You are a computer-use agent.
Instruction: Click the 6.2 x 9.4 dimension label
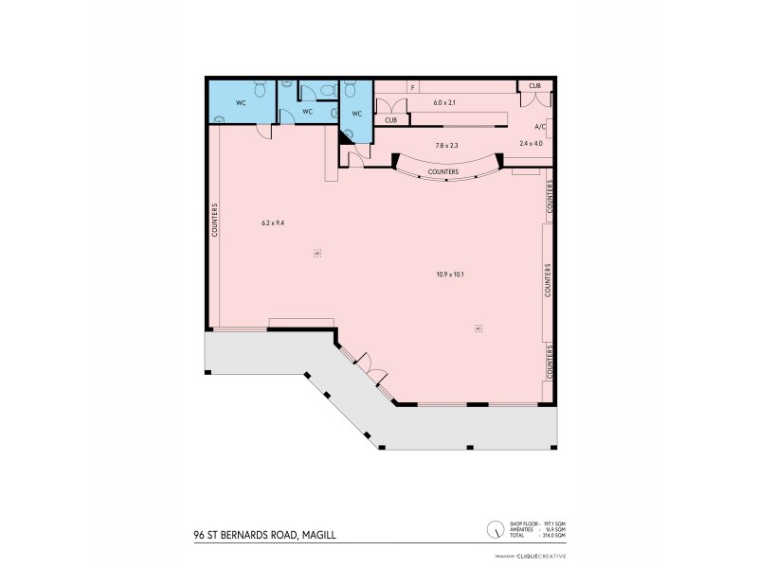(273, 223)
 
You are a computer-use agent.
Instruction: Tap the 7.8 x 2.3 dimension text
(446, 145)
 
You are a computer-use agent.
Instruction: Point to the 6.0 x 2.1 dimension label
(445, 101)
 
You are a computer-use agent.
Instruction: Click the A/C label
(539, 126)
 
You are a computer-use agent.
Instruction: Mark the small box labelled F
(412, 87)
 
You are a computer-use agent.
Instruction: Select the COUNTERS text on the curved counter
(443, 171)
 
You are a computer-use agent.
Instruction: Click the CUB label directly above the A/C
(534, 86)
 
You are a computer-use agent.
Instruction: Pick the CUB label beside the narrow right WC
(390, 120)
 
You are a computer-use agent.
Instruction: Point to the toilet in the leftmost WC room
(219, 120)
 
